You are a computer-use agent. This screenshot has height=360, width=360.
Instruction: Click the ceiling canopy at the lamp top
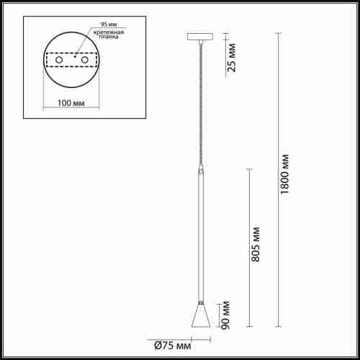(200, 36)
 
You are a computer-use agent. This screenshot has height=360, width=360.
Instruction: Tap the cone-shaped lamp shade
(200, 317)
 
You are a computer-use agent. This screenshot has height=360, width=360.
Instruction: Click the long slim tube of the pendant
(200, 238)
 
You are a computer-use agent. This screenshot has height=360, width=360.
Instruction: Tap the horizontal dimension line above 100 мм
(71, 94)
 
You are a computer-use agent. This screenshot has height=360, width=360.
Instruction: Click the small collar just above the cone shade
(200, 303)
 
